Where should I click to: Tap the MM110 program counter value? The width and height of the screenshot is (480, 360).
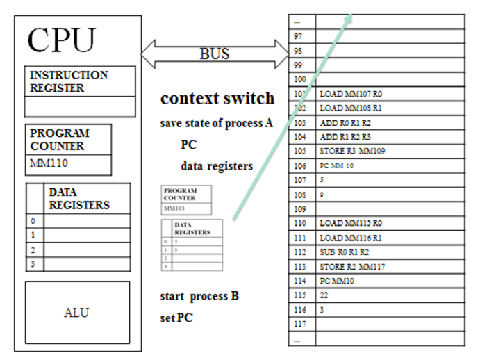(x=46, y=165)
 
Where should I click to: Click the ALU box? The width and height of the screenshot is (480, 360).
(x=76, y=312)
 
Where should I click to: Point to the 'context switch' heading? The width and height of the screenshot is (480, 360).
(x=217, y=98)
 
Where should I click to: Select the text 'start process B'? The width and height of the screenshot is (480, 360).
(x=199, y=295)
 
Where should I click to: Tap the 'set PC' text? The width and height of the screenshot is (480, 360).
(x=176, y=318)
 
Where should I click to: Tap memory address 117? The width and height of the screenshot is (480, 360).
(x=300, y=324)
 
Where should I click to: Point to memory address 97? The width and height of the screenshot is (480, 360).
(x=299, y=35)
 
